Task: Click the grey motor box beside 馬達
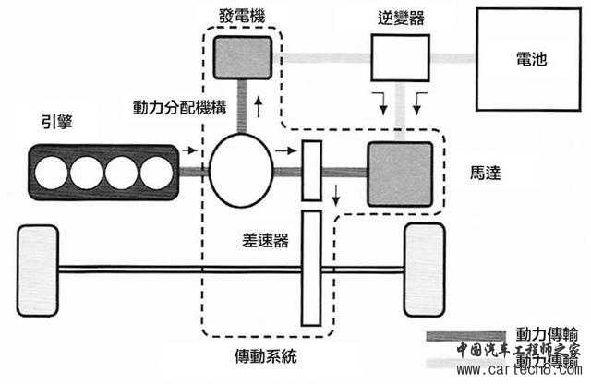pyautogui.click(x=400, y=174)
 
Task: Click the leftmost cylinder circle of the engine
pyautogui.click(x=52, y=172)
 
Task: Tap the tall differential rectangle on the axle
pyautogui.click(x=311, y=268)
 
